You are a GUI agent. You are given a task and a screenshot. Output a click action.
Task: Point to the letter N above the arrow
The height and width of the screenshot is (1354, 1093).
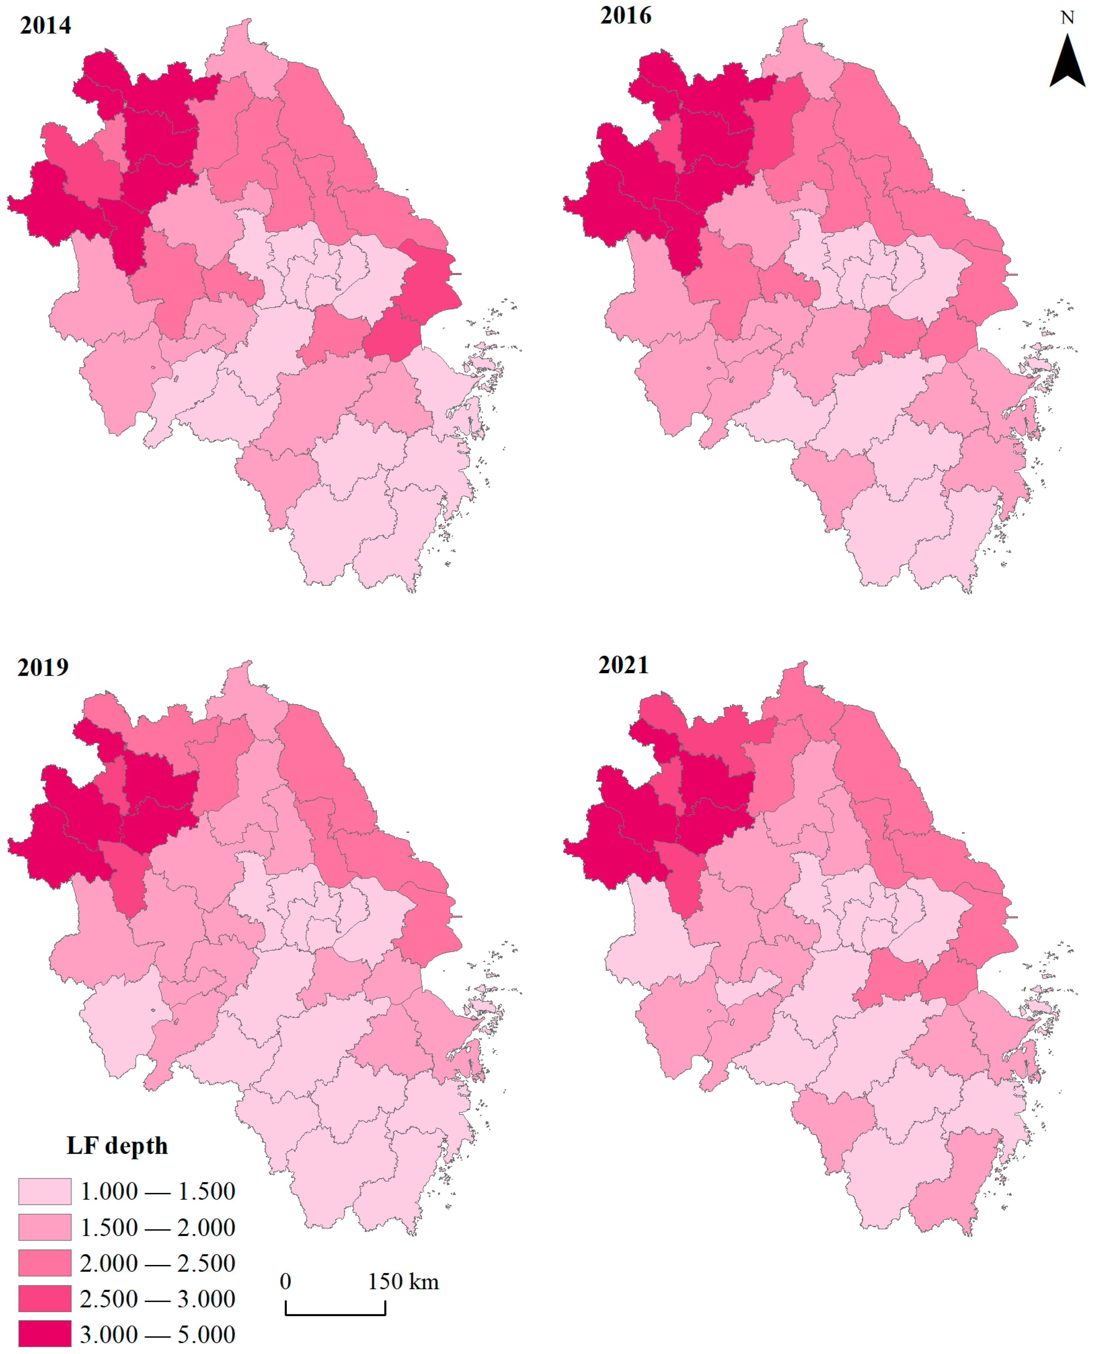point(1067,18)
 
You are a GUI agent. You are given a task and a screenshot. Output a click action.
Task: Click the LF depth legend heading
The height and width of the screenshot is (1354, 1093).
point(117,1146)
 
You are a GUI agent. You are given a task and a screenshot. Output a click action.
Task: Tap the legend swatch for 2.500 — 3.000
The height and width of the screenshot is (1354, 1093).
point(45,1299)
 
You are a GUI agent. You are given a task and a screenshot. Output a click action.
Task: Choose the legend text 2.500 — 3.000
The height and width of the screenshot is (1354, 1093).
point(157,1299)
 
